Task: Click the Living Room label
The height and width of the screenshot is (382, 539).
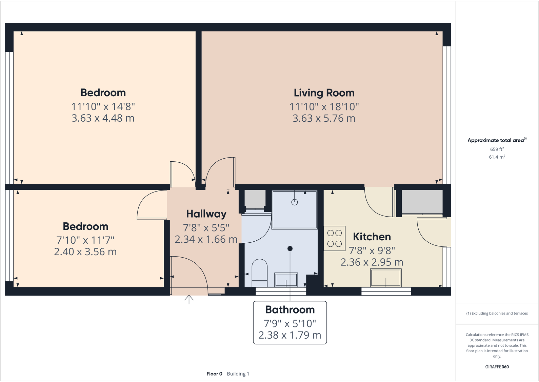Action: pyautogui.click(x=324, y=93)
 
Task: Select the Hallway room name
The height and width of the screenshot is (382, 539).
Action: pyautogui.click(x=206, y=214)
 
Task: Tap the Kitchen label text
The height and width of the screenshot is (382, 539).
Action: pyautogui.click(x=372, y=237)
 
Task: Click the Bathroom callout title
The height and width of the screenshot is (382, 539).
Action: pyautogui.click(x=290, y=310)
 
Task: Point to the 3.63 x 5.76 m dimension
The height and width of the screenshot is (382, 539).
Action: pyautogui.click(x=324, y=118)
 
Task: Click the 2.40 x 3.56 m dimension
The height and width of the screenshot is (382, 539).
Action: pyautogui.click(x=85, y=252)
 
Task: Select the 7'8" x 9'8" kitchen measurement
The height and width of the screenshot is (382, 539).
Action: pyautogui.click(x=372, y=250)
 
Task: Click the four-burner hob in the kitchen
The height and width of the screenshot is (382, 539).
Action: pyautogui.click(x=334, y=238)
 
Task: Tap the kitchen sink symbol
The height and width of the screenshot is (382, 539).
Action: pyautogui.click(x=386, y=278)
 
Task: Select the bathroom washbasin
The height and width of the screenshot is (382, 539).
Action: pyautogui.click(x=286, y=280)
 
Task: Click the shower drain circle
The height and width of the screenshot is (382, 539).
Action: pyautogui.click(x=295, y=202)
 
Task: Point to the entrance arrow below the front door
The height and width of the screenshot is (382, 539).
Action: pyautogui.click(x=189, y=299)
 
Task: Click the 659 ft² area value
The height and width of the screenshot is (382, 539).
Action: pyautogui.click(x=497, y=149)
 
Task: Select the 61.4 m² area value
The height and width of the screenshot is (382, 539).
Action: pyautogui.click(x=497, y=157)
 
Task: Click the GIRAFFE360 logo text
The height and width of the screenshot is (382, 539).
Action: pyautogui.click(x=497, y=367)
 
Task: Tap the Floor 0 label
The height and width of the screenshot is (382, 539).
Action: pyautogui.click(x=214, y=374)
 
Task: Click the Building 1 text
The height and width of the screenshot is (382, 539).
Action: pyautogui.click(x=238, y=374)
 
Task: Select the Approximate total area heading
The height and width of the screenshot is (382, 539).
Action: pyautogui.click(x=496, y=140)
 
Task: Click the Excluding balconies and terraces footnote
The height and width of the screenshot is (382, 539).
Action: pyautogui.click(x=497, y=314)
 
